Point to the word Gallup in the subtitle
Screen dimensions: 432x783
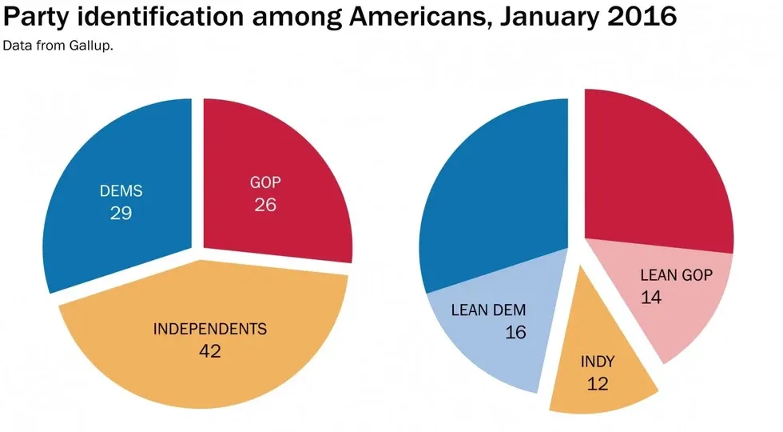(93, 46)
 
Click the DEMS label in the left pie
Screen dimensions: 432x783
(120, 192)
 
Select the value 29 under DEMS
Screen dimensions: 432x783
(120, 213)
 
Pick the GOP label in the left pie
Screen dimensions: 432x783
(265, 183)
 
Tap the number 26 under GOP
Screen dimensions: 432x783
(265, 205)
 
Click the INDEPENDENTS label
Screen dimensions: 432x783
(209, 329)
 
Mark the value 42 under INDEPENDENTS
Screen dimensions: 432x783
(209, 350)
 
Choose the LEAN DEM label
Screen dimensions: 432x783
(489, 310)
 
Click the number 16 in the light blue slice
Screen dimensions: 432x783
(515, 332)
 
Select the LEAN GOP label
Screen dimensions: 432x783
(676, 275)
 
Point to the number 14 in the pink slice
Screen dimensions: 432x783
(651, 297)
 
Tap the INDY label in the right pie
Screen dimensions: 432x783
(598, 362)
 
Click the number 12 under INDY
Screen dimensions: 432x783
(597, 383)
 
